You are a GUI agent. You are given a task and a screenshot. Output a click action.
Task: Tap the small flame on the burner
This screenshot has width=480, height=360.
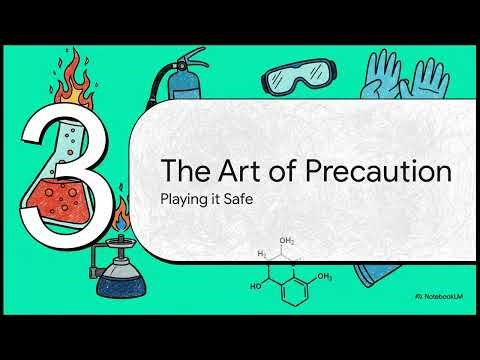(x=121, y=219)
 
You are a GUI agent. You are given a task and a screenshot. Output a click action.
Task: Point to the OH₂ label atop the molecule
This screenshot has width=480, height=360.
(x=288, y=241)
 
